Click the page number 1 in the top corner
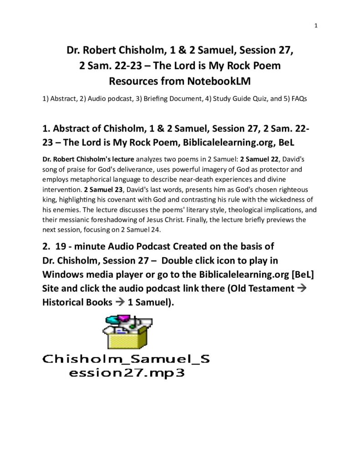[315, 25]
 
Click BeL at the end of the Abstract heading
[284, 142]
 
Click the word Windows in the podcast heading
[64, 274]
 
